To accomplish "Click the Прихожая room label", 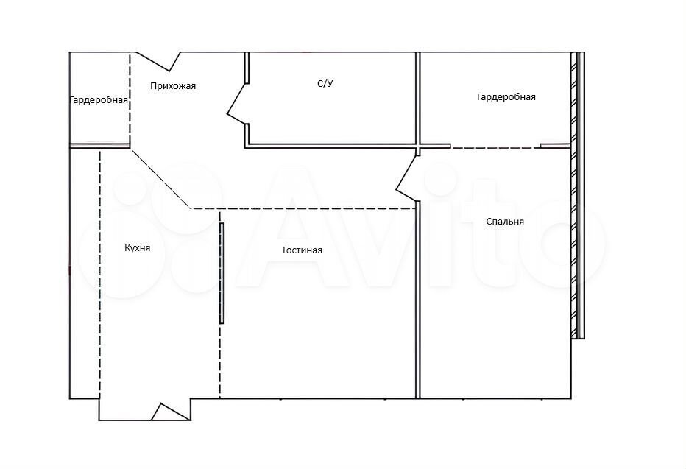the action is [x=173, y=85].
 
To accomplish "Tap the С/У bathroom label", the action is [x=325, y=83].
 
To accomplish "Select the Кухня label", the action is [x=138, y=248].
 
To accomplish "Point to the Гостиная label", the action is [x=303, y=250].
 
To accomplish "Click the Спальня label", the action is [x=505, y=222].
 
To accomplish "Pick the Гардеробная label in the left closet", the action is [x=99, y=100].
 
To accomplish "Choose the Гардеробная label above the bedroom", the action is [x=506, y=97].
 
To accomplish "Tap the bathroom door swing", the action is [x=236, y=103].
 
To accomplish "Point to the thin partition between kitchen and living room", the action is [x=222, y=273].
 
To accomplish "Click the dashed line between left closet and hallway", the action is [x=130, y=99].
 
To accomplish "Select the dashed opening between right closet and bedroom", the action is [x=495, y=148].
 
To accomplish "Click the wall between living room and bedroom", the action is [x=418, y=300].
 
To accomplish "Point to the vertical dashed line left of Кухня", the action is [x=100, y=273].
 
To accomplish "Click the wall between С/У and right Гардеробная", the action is [x=418, y=99].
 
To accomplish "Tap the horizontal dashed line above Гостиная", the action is [x=303, y=208].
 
